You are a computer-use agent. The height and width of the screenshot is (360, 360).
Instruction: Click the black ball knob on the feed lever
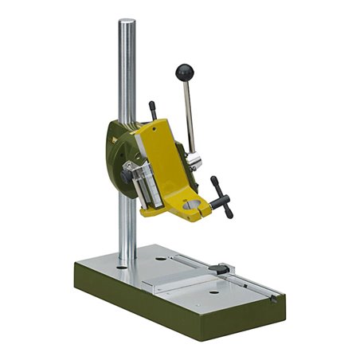click(185, 72)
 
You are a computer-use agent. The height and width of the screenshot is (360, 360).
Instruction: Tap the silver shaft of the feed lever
click(191, 115)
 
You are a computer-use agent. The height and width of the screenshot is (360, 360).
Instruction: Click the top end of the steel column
click(127, 24)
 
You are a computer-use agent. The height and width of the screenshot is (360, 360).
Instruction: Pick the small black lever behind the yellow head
click(152, 109)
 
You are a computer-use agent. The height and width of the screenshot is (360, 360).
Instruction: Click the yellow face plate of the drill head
click(166, 159)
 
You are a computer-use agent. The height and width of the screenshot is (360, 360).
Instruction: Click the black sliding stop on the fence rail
click(225, 268)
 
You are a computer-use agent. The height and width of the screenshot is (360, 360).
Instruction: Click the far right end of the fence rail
click(273, 297)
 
